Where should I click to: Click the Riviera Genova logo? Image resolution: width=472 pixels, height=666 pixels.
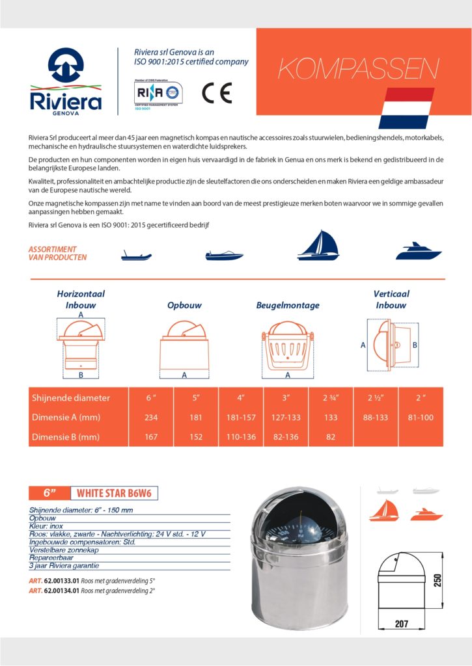coord(66,82)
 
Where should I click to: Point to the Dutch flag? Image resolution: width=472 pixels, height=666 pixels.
coord(406,108)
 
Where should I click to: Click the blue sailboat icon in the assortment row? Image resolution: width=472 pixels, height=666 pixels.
coord(318,245)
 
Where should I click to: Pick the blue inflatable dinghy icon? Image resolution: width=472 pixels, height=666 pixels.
coord(136,255)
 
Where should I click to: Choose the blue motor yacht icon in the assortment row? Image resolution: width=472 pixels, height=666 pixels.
coord(418,251)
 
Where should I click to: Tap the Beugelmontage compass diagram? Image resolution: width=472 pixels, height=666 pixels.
coord(287,347)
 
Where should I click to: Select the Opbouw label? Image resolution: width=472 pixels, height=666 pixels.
coord(184,305)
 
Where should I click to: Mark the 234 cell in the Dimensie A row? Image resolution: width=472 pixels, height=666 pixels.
coord(151,418)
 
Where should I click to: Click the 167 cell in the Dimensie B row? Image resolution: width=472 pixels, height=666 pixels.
coord(151,437)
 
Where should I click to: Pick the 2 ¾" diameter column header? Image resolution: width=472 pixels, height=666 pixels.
coord(331,398)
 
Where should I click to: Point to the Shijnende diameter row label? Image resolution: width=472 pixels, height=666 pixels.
coord(71,398)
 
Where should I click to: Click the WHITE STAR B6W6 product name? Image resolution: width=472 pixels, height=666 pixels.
coord(114,494)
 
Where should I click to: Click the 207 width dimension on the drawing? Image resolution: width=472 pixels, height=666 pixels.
coord(402,623)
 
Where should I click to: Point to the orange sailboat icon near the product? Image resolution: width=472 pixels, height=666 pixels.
coord(381,511)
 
